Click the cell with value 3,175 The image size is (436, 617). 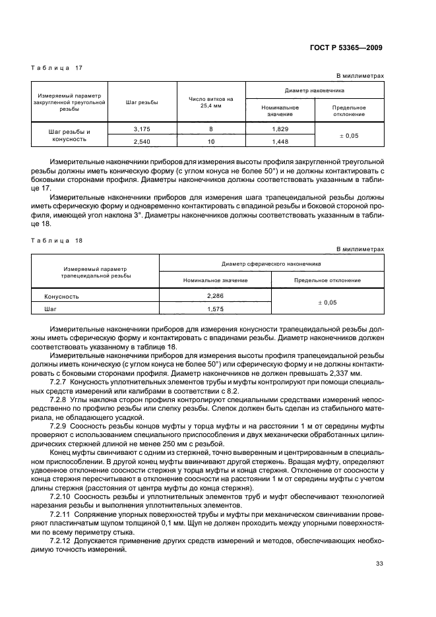click(142, 129)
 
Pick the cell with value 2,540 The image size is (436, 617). click(142, 141)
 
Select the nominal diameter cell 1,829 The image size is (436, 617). click(280, 129)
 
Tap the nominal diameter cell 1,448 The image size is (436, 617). click(280, 141)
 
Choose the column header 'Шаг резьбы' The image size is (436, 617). click(142, 102)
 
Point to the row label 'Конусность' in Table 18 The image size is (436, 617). click(61, 297)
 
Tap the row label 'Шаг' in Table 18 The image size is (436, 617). click(50, 308)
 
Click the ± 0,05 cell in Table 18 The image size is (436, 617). click(327, 303)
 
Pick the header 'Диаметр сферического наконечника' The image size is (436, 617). click(271, 262)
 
